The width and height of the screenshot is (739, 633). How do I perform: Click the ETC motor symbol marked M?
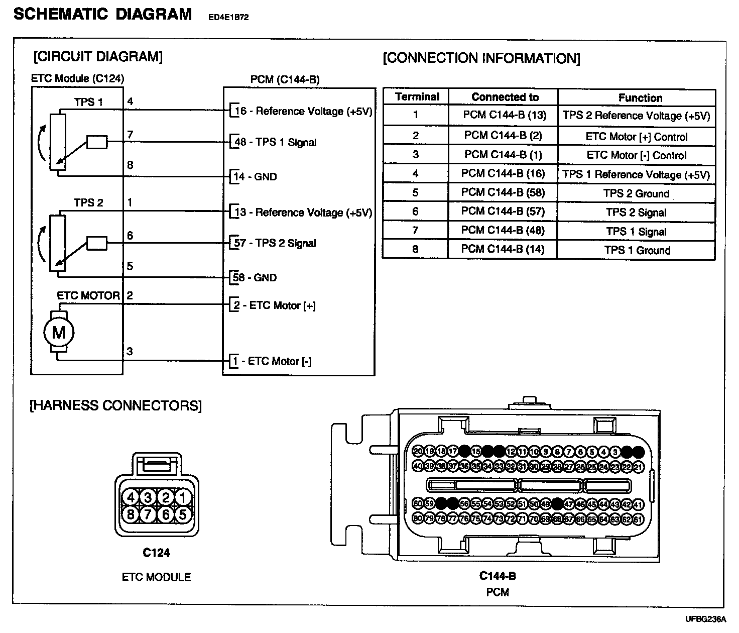[59, 332]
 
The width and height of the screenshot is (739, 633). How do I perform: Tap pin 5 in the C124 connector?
[183, 514]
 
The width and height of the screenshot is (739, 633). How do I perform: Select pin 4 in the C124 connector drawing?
[131, 497]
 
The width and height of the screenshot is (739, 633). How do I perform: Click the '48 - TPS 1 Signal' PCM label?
[275, 142]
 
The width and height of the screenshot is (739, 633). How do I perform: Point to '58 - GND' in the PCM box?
[255, 277]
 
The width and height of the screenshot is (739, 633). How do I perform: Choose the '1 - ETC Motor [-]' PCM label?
[271, 361]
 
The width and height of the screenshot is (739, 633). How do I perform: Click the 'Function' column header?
[640, 98]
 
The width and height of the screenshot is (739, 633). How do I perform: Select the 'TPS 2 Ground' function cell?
[636, 193]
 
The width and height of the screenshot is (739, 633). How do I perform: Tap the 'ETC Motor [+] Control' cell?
[636, 137]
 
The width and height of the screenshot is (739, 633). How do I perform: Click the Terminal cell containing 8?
[415, 249]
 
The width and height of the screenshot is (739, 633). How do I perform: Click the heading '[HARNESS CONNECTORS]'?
[115, 405]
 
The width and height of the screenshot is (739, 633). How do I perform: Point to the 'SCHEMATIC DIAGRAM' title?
[103, 14]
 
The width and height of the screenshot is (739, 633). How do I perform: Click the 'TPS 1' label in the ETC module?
[88, 102]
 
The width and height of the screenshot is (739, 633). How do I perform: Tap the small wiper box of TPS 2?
[96, 244]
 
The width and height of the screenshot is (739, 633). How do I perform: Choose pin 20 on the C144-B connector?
[418, 451]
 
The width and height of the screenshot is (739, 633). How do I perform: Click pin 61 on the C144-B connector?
[638, 518]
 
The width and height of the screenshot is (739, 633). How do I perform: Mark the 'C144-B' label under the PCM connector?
[498, 576]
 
